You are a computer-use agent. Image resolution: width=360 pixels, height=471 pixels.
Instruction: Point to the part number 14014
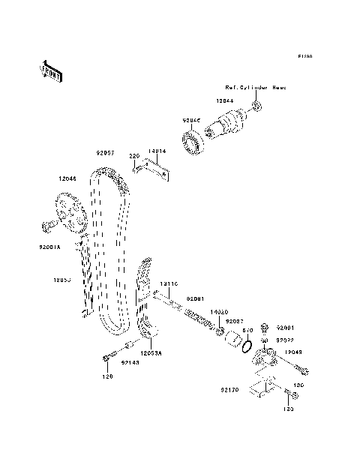tap(156, 151)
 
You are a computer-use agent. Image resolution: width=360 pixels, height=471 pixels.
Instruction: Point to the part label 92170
tap(229, 391)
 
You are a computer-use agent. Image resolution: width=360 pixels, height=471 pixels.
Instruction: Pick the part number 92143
tap(131, 362)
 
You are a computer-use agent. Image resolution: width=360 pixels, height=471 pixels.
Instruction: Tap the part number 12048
tap(294, 351)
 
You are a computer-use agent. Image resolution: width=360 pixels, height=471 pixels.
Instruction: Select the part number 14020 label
tap(217, 311)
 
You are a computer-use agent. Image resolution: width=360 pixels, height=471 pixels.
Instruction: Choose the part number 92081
tap(195, 299)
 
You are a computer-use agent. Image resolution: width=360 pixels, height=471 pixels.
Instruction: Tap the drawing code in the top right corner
tap(304, 56)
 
